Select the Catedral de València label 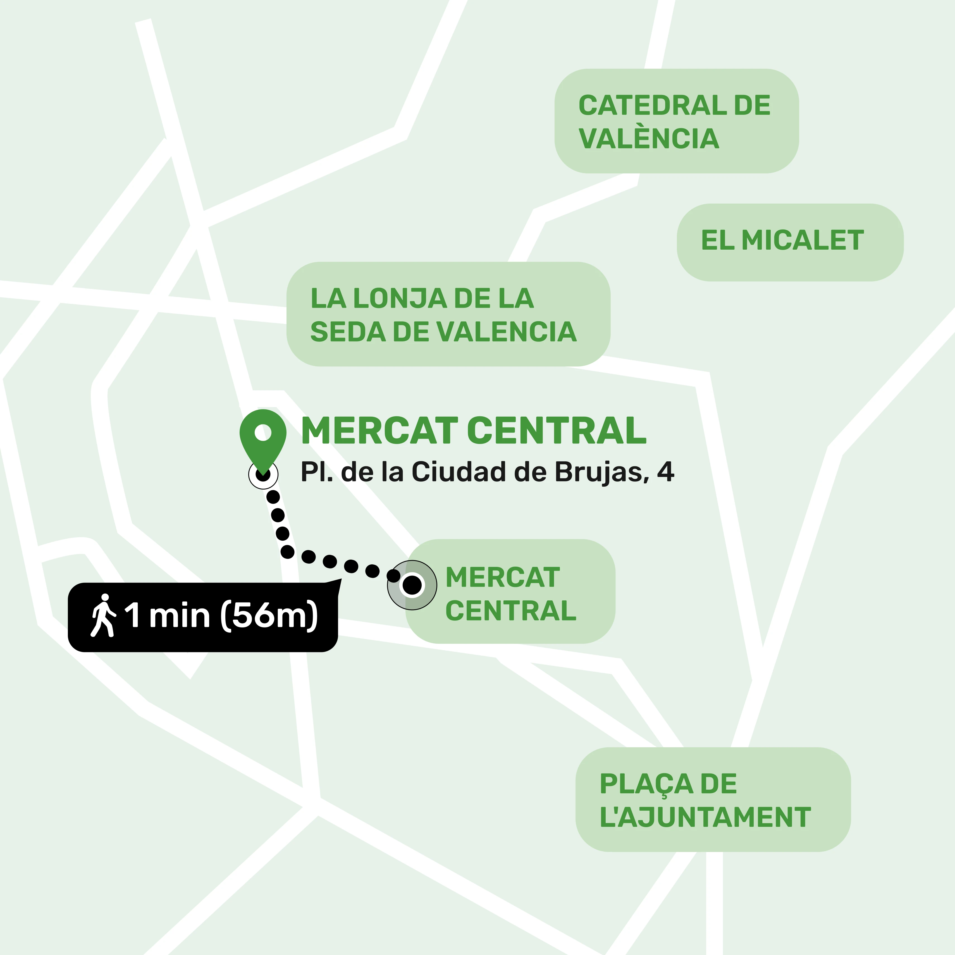[x=676, y=121]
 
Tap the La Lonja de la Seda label [x=448, y=314]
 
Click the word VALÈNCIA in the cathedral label [x=648, y=139]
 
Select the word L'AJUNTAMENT [x=705, y=817]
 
